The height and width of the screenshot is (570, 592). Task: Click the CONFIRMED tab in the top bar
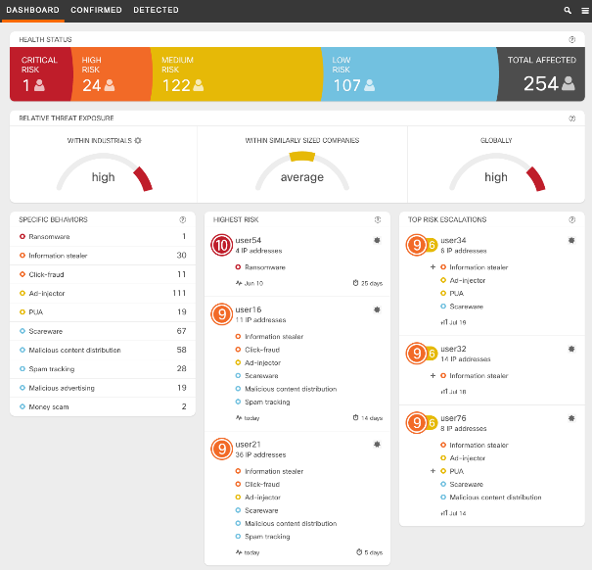click(96, 10)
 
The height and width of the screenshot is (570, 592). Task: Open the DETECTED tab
click(156, 10)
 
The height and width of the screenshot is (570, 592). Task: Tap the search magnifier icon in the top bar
click(568, 10)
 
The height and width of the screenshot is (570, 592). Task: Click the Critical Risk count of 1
click(26, 85)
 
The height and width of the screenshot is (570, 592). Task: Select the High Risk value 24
click(91, 85)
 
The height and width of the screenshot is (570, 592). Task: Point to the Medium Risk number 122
click(176, 85)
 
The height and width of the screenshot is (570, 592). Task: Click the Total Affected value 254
click(540, 84)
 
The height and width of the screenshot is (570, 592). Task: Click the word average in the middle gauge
click(301, 177)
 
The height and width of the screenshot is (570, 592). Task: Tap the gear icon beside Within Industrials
click(138, 140)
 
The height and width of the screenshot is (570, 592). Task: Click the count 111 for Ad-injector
click(178, 293)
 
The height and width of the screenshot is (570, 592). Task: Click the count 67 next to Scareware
click(181, 331)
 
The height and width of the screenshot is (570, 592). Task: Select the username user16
click(249, 309)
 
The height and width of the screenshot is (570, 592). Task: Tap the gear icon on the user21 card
click(377, 444)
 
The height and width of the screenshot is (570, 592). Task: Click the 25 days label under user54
click(369, 282)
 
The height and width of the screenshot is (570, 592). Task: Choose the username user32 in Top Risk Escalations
click(453, 348)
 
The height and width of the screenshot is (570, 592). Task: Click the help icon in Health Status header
click(571, 39)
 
